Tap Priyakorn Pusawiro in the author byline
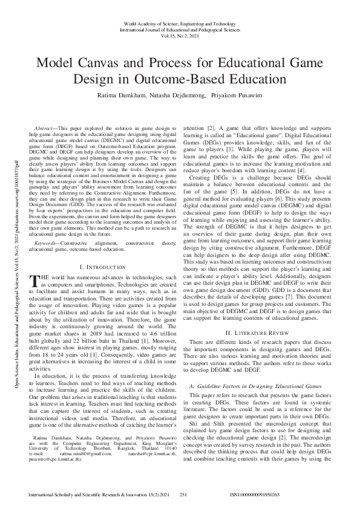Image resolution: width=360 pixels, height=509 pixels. coord(238,96)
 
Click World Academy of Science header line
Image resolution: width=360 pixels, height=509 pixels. coord(180,22)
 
